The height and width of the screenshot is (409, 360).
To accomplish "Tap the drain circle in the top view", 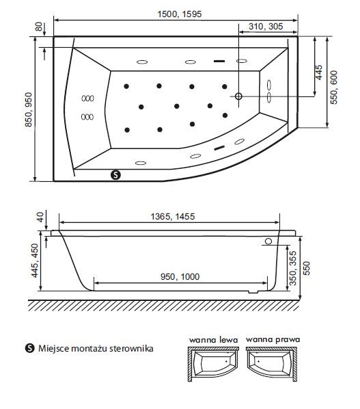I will [x=238, y=96].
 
